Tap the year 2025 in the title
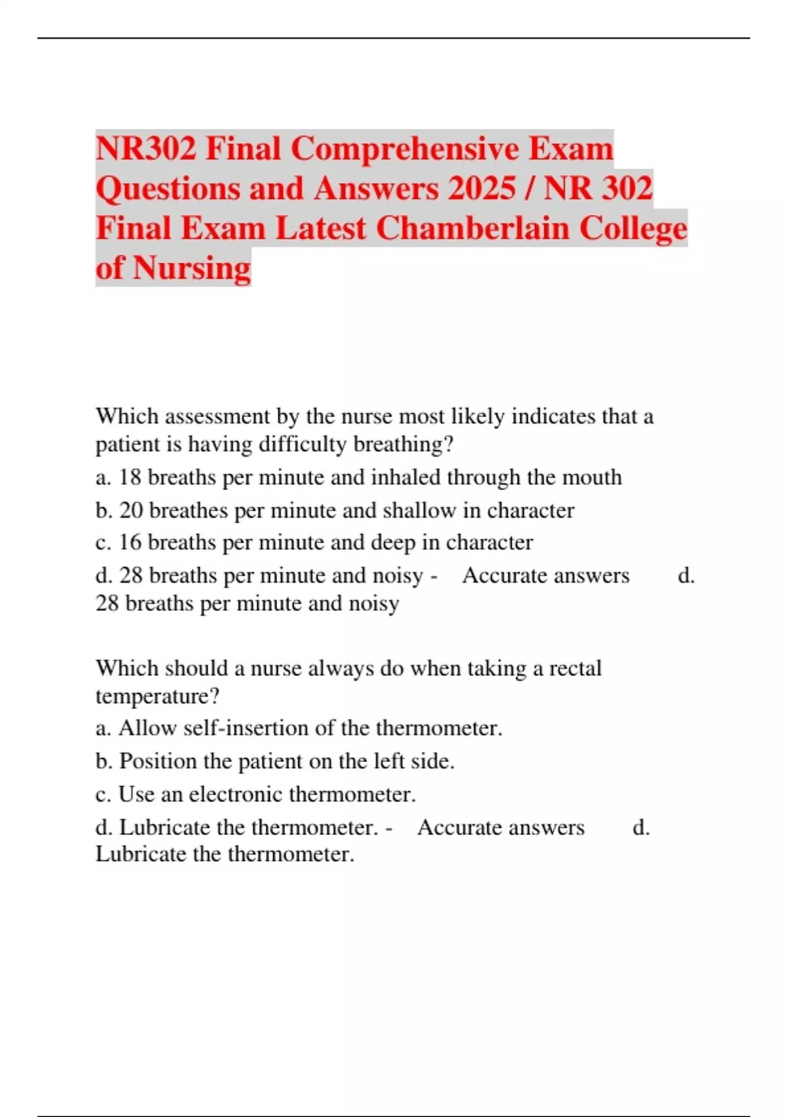[x=482, y=189]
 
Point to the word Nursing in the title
[x=192, y=268]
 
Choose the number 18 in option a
[x=130, y=478]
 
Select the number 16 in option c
[x=130, y=543]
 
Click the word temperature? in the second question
[x=158, y=696]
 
